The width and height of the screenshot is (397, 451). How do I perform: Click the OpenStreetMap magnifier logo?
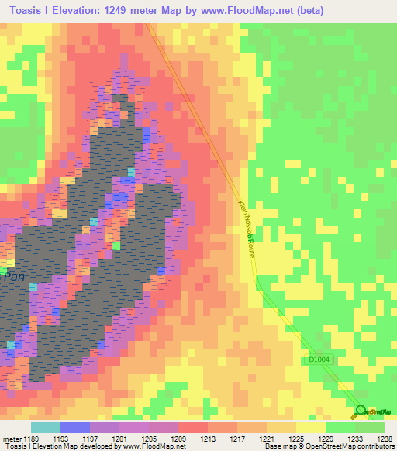360,411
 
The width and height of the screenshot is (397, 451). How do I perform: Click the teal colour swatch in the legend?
46,427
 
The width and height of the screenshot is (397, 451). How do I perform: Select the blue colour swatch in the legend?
75,427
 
